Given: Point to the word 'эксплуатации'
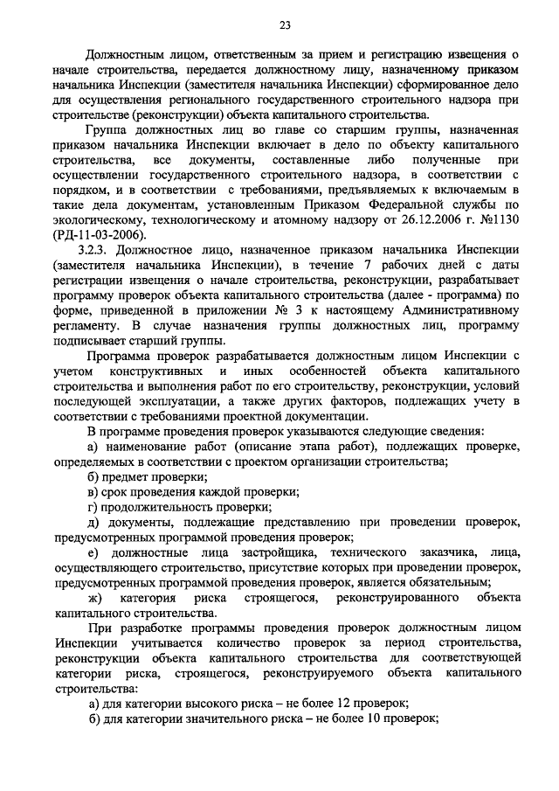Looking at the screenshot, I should [175, 400].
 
